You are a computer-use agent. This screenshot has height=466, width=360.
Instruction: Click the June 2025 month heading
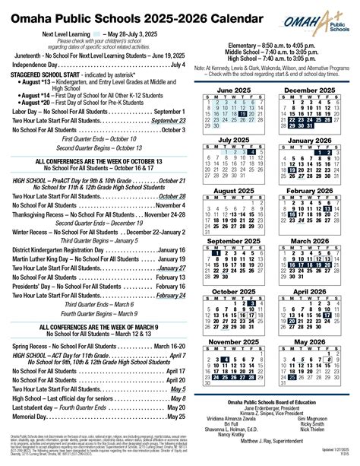click(x=233, y=89)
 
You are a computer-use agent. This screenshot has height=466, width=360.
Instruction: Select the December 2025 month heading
click(x=309, y=89)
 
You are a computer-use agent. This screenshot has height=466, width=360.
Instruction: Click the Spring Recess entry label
click(x=37, y=346)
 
